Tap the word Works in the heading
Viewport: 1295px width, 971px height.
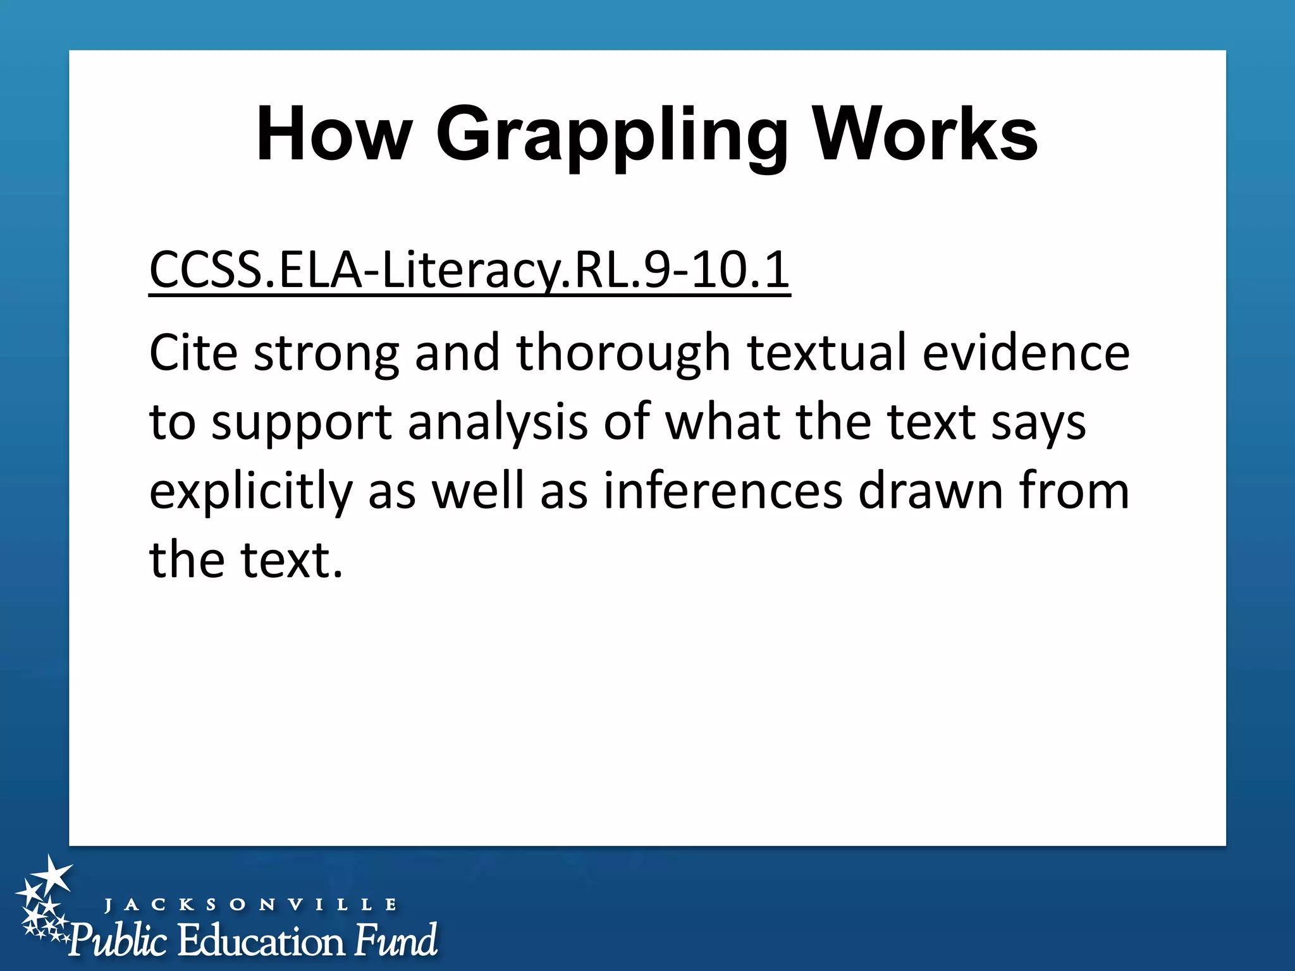click(924, 135)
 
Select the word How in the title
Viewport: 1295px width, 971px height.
click(334, 135)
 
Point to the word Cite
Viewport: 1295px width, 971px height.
click(193, 352)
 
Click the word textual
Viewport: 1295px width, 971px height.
click(826, 352)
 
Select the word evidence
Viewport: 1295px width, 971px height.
click(1026, 352)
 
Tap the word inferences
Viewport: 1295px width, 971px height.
click(723, 491)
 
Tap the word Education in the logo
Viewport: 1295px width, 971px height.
click(261, 941)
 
